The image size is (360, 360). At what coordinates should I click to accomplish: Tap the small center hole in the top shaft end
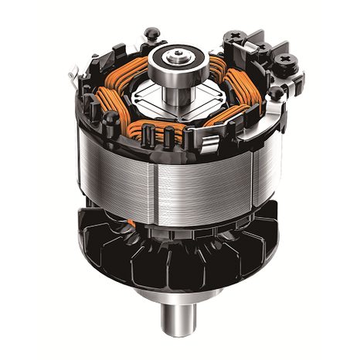[177, 56]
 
